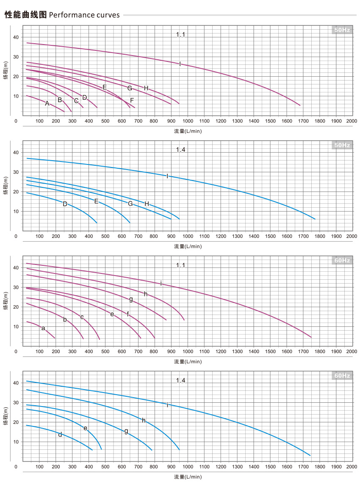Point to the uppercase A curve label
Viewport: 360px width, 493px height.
47,103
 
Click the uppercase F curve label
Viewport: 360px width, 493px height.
132,100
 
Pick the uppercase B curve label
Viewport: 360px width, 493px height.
60,100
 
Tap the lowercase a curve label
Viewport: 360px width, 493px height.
43,328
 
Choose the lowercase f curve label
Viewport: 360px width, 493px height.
128,314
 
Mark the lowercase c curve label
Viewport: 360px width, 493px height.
82,317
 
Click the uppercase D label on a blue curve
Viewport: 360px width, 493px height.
65,204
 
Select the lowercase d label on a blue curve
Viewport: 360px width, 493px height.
60,435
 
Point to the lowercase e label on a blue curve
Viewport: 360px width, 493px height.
86,428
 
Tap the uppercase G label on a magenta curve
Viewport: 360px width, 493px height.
130,88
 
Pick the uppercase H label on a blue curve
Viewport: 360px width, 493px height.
147,204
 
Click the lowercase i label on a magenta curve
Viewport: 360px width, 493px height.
161,283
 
